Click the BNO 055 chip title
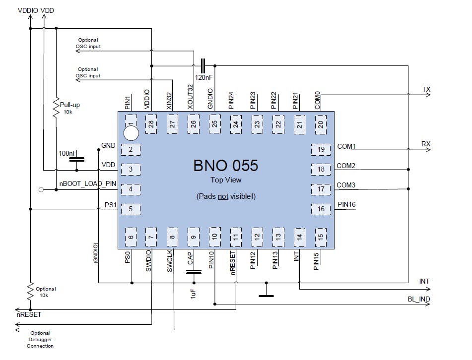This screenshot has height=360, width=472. [225, 165]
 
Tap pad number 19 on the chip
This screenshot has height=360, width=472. [321, 149]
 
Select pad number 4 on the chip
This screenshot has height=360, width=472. [130, 189]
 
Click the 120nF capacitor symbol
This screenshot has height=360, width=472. [202, 65]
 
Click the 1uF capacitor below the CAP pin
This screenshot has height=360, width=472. [194, 271]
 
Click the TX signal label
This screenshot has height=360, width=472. [426, 89]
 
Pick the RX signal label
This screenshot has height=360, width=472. [426, 144]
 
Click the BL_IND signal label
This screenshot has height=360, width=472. [418, 299]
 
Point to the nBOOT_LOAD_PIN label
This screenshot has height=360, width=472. [87, 183]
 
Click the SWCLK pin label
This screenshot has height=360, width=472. [170, 260]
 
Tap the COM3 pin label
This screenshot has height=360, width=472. [346, 185]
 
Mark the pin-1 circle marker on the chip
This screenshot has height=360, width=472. [131, 133]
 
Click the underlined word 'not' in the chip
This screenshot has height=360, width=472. [223, 196]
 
